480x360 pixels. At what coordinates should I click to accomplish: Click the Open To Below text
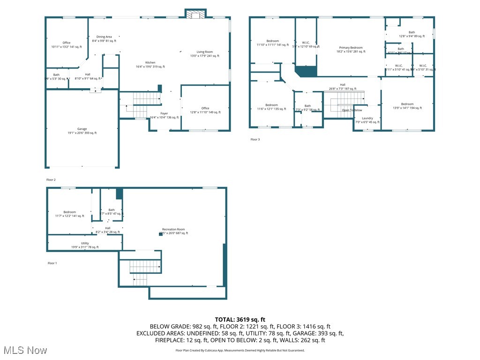coord(352,110)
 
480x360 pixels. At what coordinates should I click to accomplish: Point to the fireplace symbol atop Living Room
coord(195,15)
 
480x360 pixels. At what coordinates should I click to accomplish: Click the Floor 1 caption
coord(52,263)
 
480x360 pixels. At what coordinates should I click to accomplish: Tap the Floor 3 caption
coord(255,140)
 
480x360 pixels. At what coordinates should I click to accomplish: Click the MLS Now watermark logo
coord(24,350)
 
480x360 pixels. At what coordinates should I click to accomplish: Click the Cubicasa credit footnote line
coord(240,350)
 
